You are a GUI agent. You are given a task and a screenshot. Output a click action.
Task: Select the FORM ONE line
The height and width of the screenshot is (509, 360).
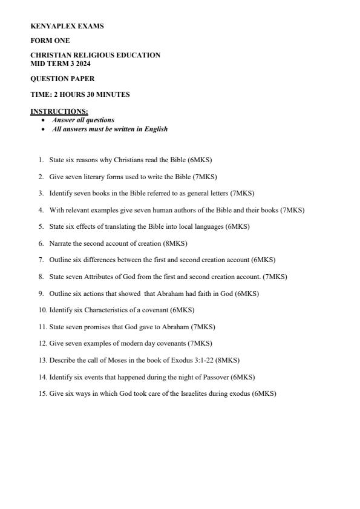pyautogui.click(x=50, y=41)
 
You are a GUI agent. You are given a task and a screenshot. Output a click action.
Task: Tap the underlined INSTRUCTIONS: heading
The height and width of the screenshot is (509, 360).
pyautogui.click(x=59, y=111)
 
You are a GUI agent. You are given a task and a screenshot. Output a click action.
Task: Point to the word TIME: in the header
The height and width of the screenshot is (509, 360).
pyautogui.click(x=39, y=94)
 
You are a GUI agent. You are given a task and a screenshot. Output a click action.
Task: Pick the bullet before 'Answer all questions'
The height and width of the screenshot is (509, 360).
pyautogui.click(x=43, y=120)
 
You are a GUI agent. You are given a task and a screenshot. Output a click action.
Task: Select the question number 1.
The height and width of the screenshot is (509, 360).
pyautogui.click(x=41, y=160)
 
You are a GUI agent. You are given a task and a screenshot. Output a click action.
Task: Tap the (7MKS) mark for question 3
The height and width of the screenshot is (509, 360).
pyautogui.click(x=242, y=194)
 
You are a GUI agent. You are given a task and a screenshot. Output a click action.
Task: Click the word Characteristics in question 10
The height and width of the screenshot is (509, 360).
pyautogui.click(x=101, y=310)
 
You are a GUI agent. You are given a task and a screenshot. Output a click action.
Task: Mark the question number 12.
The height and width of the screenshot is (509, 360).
pyautogui.click(x=42, y=343)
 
